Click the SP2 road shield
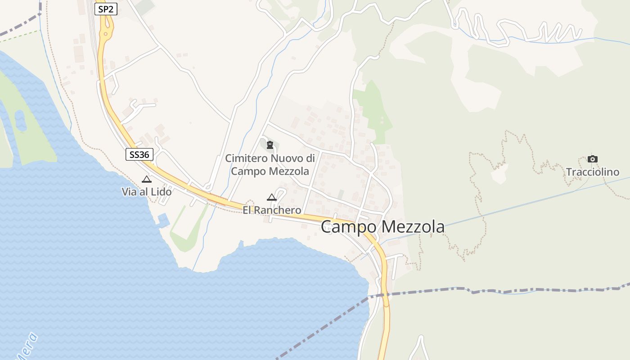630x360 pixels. [x=106, y=9]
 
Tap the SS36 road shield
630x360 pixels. [x=139, y=155]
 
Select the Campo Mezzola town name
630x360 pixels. [x=382, y=227]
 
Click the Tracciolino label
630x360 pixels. [x=592, y=172]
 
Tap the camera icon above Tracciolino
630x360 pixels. [x=592, y=159]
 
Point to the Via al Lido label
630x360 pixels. [x=146, y=192]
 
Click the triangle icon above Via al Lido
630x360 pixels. [x=146, y=179]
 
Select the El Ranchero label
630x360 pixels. [x=272, y=210]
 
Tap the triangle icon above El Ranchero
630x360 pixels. [x=271, y=197]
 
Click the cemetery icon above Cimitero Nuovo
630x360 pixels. [x=270, y=145]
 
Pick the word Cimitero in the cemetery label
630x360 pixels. [x=247, y=158]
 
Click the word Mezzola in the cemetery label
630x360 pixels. [x=289, y=171]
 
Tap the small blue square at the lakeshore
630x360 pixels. [x=163, y=220]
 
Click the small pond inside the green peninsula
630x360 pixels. [x=20, y=121]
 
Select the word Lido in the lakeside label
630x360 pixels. [x=161, y=192]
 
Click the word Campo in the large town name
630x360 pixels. [x=348, y=227]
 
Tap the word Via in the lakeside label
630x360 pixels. [x=129, y=192]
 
